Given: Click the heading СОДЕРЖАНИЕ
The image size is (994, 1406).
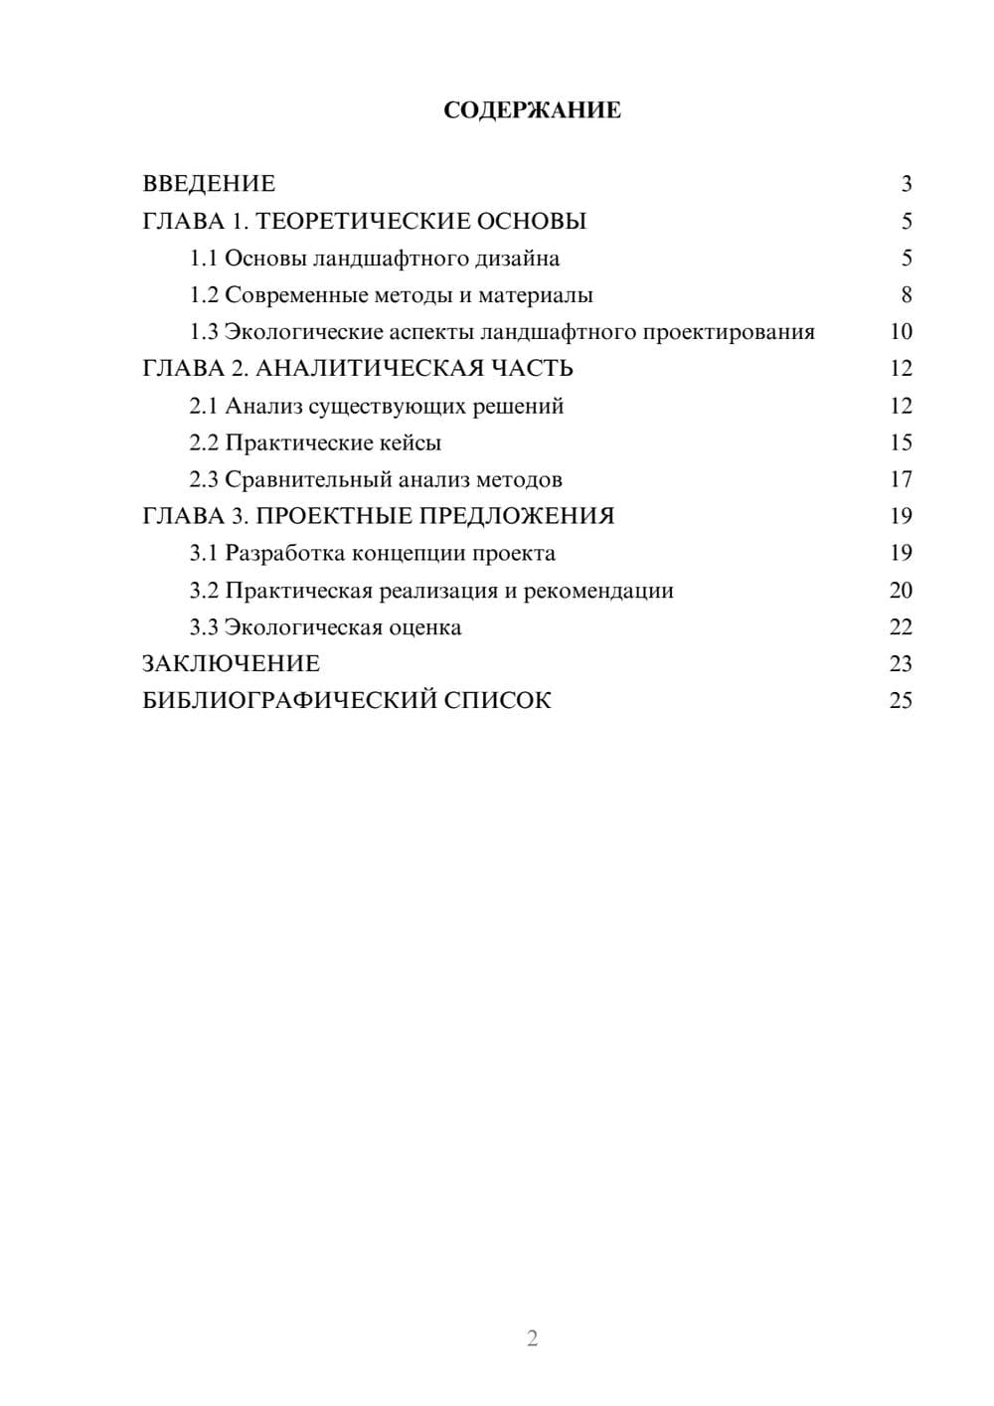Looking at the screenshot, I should pyautogui.click(x=532, y=110).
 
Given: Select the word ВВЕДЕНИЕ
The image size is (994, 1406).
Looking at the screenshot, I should pyautogui.click(x=209, y=184).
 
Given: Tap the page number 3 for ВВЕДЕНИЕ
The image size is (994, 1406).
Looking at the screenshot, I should pyautogui.click(x=906, y=184).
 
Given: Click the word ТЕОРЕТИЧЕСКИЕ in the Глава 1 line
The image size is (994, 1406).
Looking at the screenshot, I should pyautogui.click(x=359, y=221).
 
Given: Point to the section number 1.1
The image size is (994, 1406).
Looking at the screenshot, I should pyautogui.click(x=203, y=259).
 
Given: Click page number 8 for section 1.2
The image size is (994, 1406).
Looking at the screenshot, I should pyautogui.click(x=906, y=295).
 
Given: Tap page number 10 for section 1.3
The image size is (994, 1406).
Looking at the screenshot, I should pyautogui.click(x=901, y=332).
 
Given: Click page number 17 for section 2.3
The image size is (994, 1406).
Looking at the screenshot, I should pyautogui.click(x=901, y=479).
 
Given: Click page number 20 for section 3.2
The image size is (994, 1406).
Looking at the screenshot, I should pyautogui.click(x=901, y=591).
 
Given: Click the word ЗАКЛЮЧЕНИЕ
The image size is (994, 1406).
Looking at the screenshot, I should pyautogui.click(x=231, y=663).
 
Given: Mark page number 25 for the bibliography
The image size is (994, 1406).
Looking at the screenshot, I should pyautogui.click(x=901, y=701).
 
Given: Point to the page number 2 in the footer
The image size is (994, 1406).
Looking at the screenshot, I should pyautogui.click(x=532, y=1338).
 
